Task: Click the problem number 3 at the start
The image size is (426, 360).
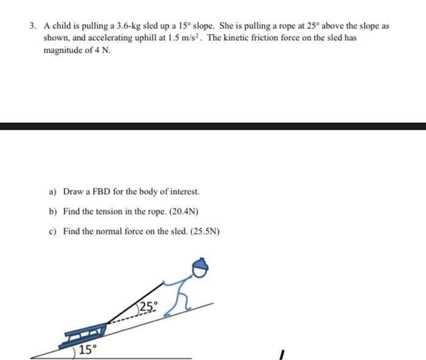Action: pyautogui.click(x=32, y=27)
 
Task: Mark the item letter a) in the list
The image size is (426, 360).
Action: pyautogui.click(x=52, y=192)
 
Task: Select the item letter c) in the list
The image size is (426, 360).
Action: pyautogui.click(x=52, y=231)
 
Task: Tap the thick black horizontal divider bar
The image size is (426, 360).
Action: pyautogui.click(x=213, y=126)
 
